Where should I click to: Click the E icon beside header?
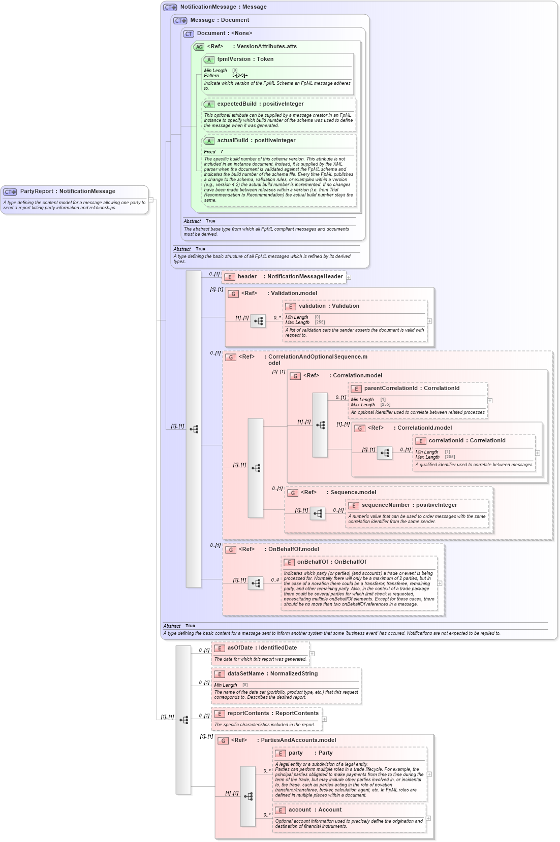(230, 277)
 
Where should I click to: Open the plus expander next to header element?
(349, 277)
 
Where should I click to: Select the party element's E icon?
(281, 754)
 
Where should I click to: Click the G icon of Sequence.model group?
(293, 493)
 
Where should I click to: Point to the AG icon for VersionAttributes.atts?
(199, 47)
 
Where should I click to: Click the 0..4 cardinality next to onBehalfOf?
(275, 580)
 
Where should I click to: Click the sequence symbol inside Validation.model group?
(258, 321)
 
